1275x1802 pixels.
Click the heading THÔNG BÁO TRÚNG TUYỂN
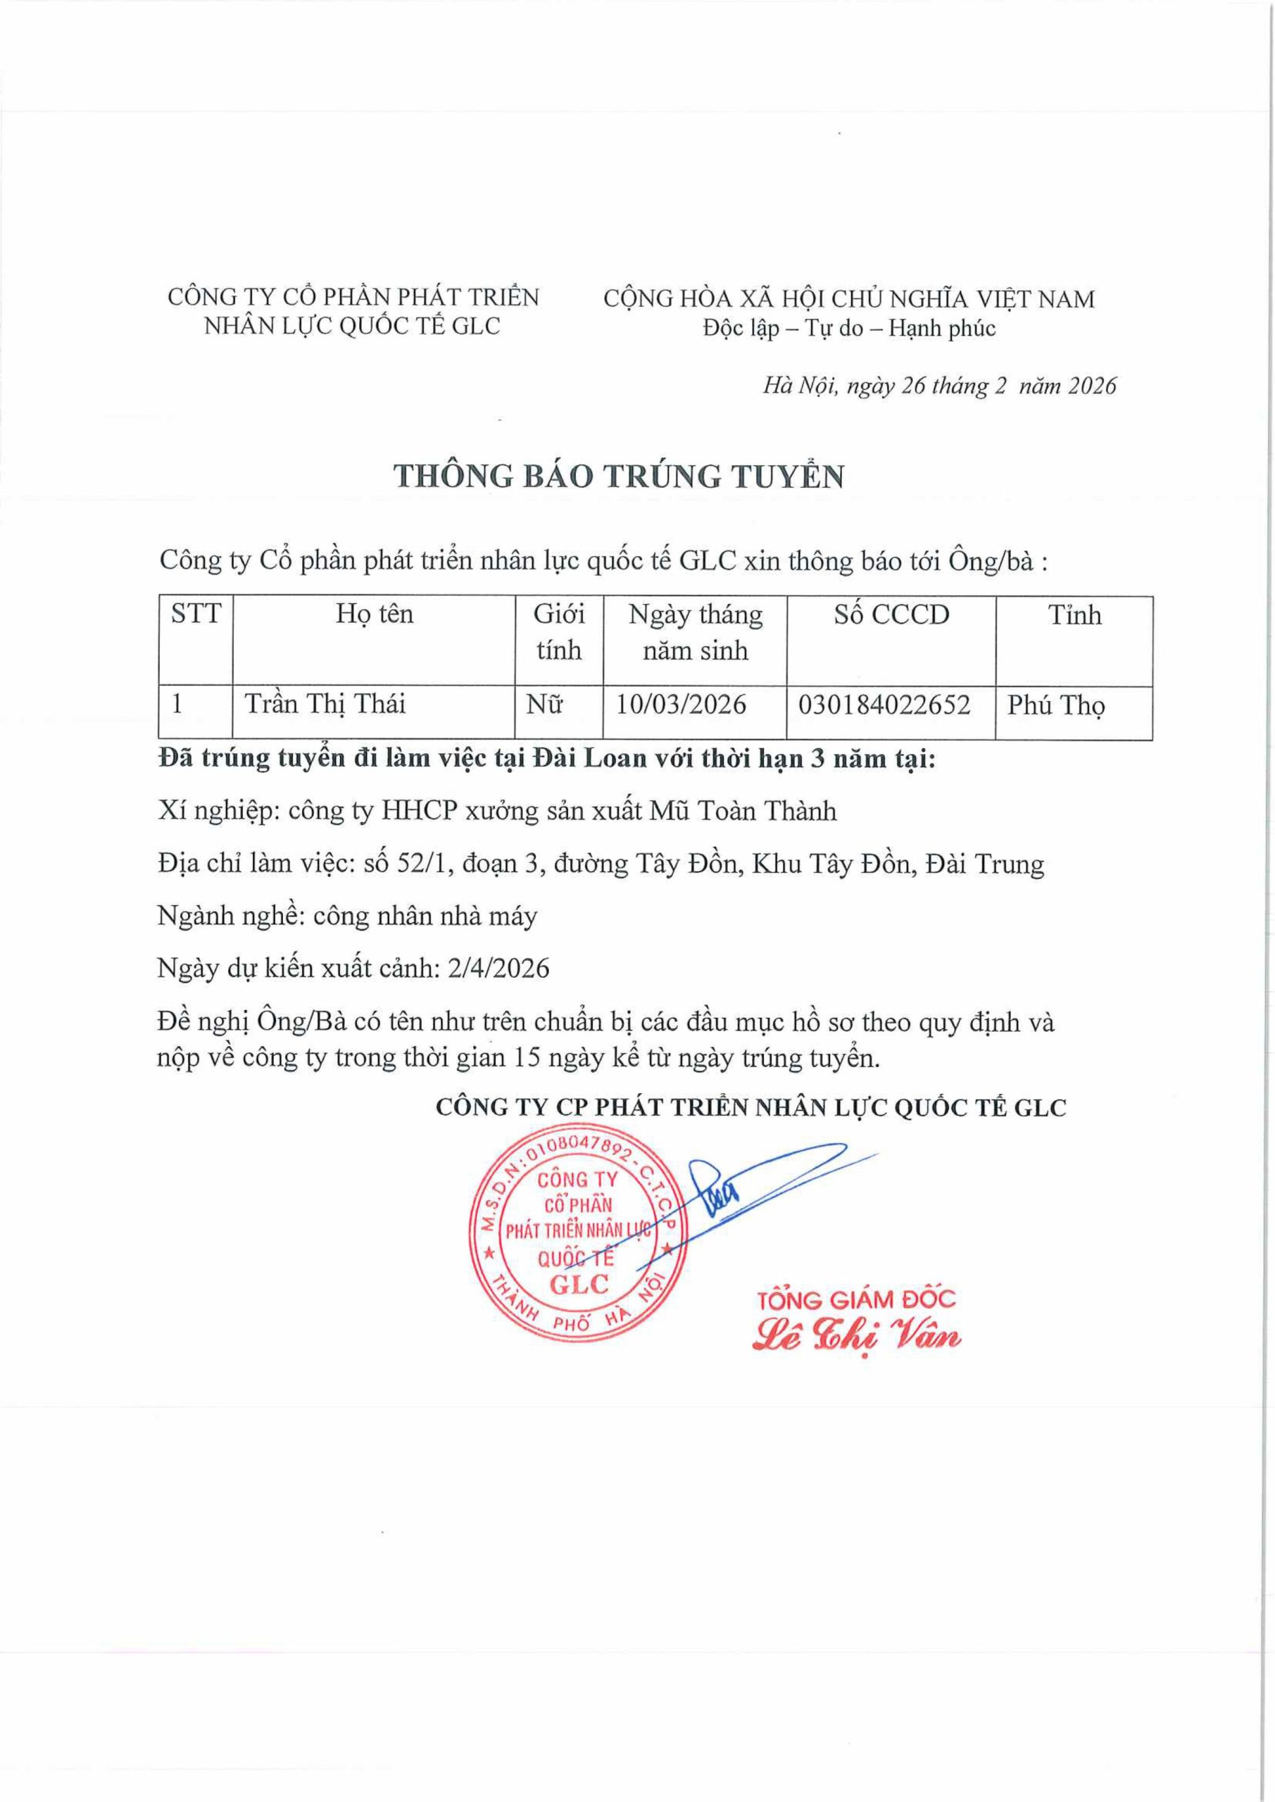[619, 477]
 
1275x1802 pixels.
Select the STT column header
[196, 613]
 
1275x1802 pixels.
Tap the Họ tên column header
[375, 613]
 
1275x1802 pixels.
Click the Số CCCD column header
[891, 615]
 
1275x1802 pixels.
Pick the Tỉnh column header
[1074, 615]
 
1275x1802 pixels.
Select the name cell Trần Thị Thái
[325, 703]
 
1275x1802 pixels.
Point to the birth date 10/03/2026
[681, 704]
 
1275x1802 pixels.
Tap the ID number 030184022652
[884, 704]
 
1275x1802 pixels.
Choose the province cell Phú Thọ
[1056, 705]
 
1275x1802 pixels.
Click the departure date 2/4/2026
[498, 968]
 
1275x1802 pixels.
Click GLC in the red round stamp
[579, 1285]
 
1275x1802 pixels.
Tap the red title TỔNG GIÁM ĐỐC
[857, 1299]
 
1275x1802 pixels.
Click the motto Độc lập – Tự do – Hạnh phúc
[848, 328]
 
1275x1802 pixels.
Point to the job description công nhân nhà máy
[425, 916]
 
